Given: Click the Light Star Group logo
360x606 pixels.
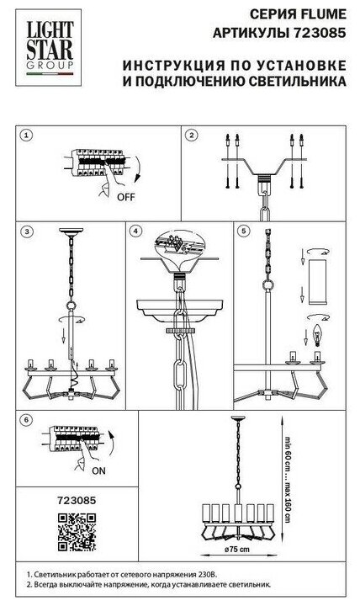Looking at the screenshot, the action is pos(49,47).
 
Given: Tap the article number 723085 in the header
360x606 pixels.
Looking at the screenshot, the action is pos(320,34).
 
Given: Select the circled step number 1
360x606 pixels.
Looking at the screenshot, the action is pos(26,136).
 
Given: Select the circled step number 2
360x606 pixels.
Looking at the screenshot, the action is pos(191,136).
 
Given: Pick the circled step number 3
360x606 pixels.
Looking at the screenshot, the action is pos(26,231).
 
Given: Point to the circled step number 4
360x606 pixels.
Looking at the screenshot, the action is pos(135,231).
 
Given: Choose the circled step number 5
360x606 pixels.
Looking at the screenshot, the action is pos(243,231).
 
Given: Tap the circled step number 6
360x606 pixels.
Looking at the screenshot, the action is pos(26,420).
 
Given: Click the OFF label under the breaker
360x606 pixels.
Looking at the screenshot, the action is pos(126,197).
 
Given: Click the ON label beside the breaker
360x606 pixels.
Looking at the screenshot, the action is pos(98,470).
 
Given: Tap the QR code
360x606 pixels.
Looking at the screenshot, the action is pos(77,532).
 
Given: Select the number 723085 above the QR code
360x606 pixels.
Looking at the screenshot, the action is pos(77,500).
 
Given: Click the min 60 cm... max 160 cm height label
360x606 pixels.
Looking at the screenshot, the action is pos(289,479).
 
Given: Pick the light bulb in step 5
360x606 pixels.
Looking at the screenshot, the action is pos(317,335).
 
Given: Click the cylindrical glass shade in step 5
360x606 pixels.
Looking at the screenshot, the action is pos(317,282).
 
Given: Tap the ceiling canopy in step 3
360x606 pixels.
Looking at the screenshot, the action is pos(71,231).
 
